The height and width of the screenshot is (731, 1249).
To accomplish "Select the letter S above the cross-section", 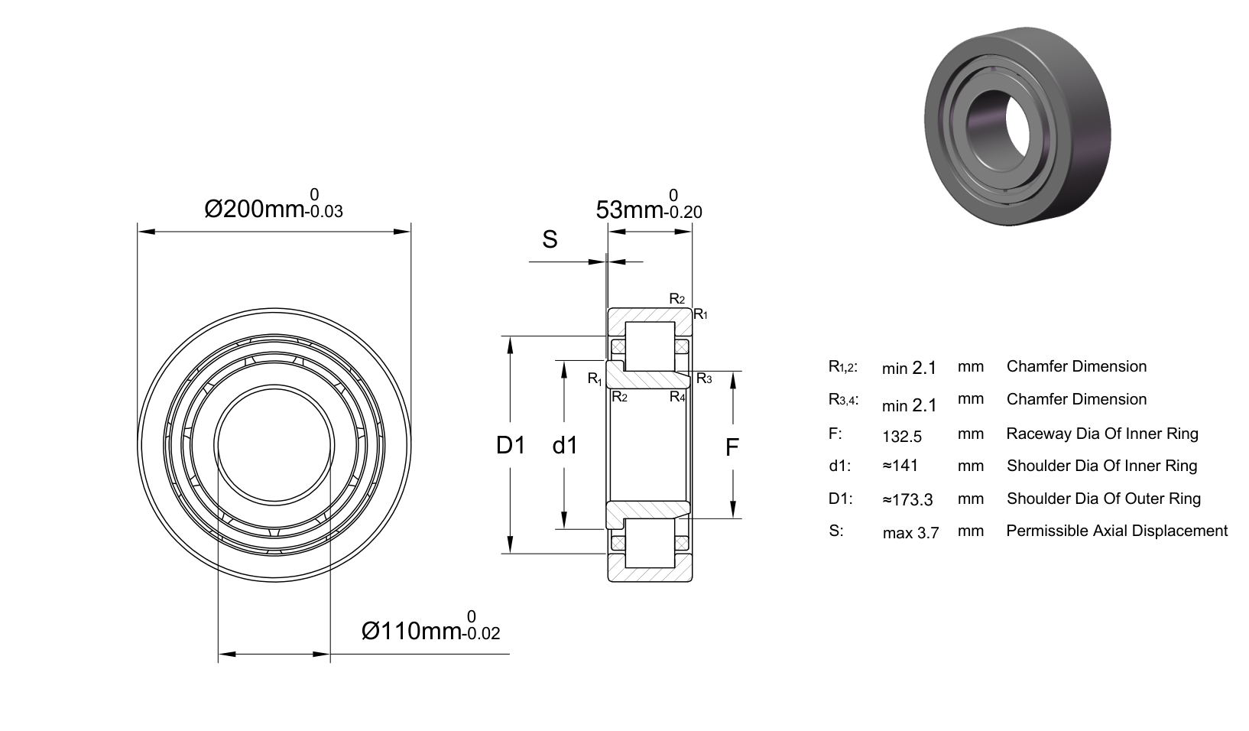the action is click(550, 239).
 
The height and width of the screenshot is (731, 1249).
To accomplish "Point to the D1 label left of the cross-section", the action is click(511, 445).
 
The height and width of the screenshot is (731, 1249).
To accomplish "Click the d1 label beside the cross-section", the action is click(565, 445).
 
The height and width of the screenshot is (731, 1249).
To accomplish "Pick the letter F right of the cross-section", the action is click(732, 447).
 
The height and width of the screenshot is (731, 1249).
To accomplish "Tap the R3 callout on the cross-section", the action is click(704, 378).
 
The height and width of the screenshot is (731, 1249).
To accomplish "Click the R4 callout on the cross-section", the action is click(677, 396).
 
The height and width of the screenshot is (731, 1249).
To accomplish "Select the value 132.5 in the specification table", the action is click(902, 436).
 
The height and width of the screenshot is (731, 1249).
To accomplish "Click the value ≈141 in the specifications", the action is click(900, 466).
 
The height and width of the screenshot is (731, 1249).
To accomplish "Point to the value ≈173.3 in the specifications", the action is click(908, 499).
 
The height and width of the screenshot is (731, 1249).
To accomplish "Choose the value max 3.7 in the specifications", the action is click(911, 533).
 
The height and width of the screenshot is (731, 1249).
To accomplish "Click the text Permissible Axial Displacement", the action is click(1117, 531).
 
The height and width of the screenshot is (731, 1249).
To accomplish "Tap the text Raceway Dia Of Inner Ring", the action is click(1102, 434).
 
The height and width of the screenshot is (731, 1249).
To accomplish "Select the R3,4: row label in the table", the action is click(844, 399).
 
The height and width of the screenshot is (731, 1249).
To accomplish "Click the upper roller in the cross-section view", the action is click(650, 346).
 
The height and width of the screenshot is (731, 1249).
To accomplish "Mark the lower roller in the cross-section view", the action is click(650, 543).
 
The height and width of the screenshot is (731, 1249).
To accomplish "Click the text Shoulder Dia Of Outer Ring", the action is click(1104, 499).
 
